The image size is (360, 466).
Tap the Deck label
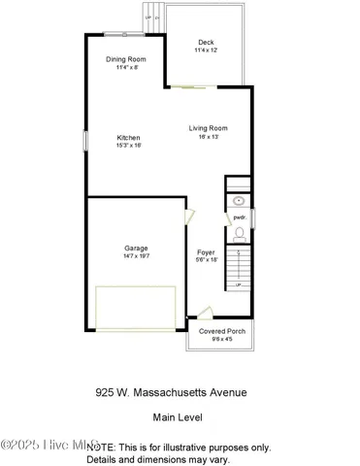coord(206,42)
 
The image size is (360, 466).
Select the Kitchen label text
coord(130,137)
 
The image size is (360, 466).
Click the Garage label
coord(135,247)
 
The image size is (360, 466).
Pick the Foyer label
coord(206,251)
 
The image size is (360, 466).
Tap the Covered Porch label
coord(222,331)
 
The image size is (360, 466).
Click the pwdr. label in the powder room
coord(239,217)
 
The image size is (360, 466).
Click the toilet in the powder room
coord(240,234)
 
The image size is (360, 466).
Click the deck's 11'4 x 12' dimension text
coord(206,50)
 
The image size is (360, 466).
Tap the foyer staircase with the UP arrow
coord(239,268)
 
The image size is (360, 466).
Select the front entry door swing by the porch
coord(203,313)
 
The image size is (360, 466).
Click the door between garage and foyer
coord(189,219)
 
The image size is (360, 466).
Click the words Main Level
coord(179,417)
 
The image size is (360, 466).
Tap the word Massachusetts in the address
coord(181,393)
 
